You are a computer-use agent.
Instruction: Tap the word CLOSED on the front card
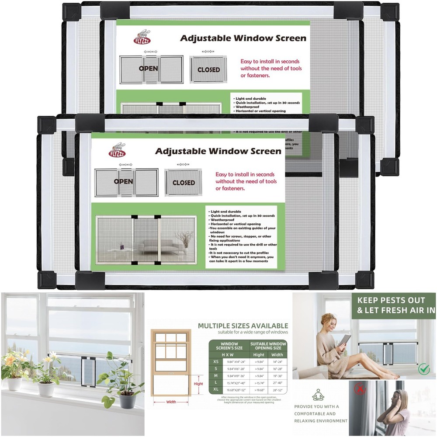click(x=184, y=183)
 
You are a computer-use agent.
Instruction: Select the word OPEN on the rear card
click(x=149, y=69)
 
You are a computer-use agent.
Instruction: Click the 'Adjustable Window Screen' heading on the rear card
click(x=243, y=38)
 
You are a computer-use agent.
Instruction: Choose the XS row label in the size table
click(x=215, y=362)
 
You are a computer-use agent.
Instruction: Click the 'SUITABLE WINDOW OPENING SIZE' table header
click(x=268, y=347)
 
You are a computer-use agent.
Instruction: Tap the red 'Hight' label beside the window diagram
click(x=198, y=384)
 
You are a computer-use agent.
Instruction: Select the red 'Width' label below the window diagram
click(x=171, y=402)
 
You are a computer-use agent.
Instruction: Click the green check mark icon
click(x=423, y=370)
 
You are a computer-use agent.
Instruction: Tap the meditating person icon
click(x=318, y=395)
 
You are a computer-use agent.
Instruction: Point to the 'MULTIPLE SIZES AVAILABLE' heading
click(x=243, y=326)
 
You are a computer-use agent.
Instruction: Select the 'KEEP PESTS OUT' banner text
click(x=391, y=301)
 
